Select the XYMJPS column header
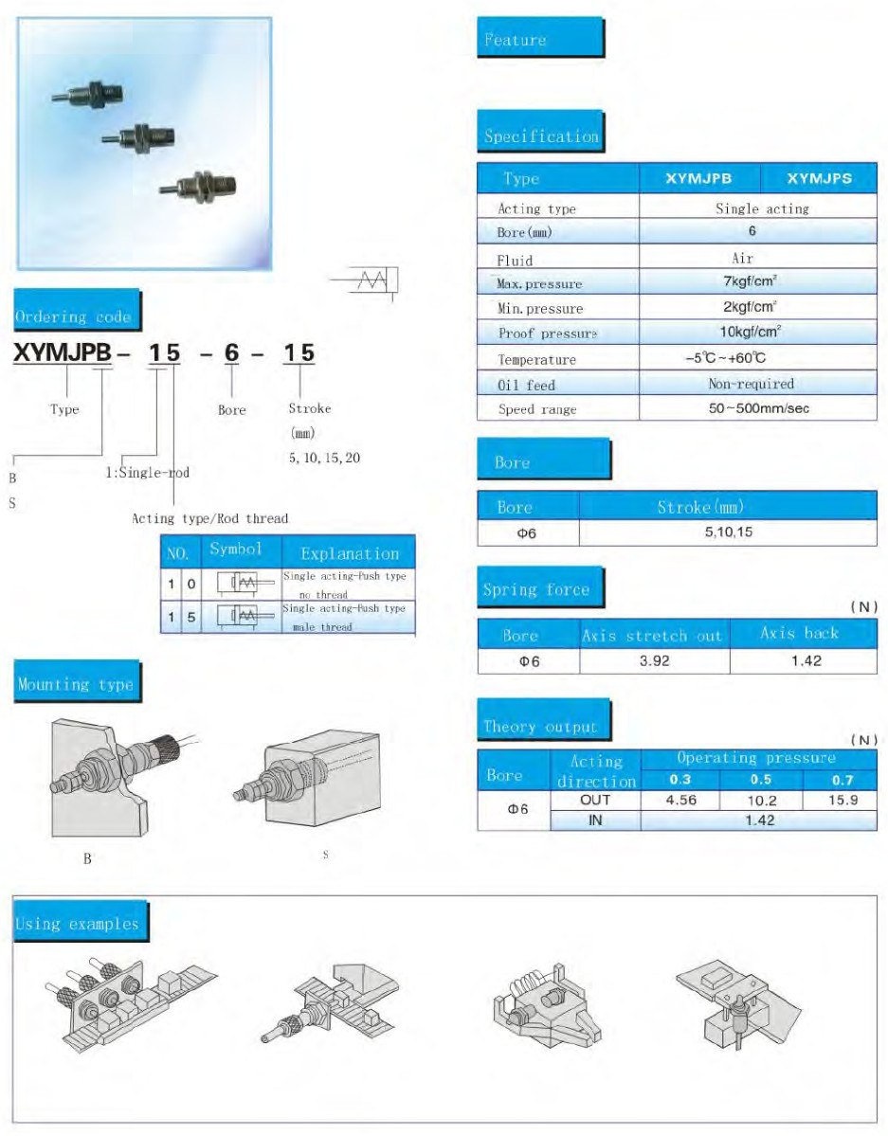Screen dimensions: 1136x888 click(819, 178)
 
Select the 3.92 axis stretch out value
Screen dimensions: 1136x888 click(654, 660)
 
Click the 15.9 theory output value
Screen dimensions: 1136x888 click(842, 800)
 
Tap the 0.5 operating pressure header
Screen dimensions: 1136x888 click(761, 780)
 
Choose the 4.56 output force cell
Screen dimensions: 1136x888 click(681, 800)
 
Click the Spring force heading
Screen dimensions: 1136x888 click(536, 589)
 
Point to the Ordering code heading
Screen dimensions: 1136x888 click(74, 316)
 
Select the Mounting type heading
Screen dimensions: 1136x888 click(76, 684)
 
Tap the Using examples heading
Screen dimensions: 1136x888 click(78, 924)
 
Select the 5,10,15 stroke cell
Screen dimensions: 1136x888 click(728, 532)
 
